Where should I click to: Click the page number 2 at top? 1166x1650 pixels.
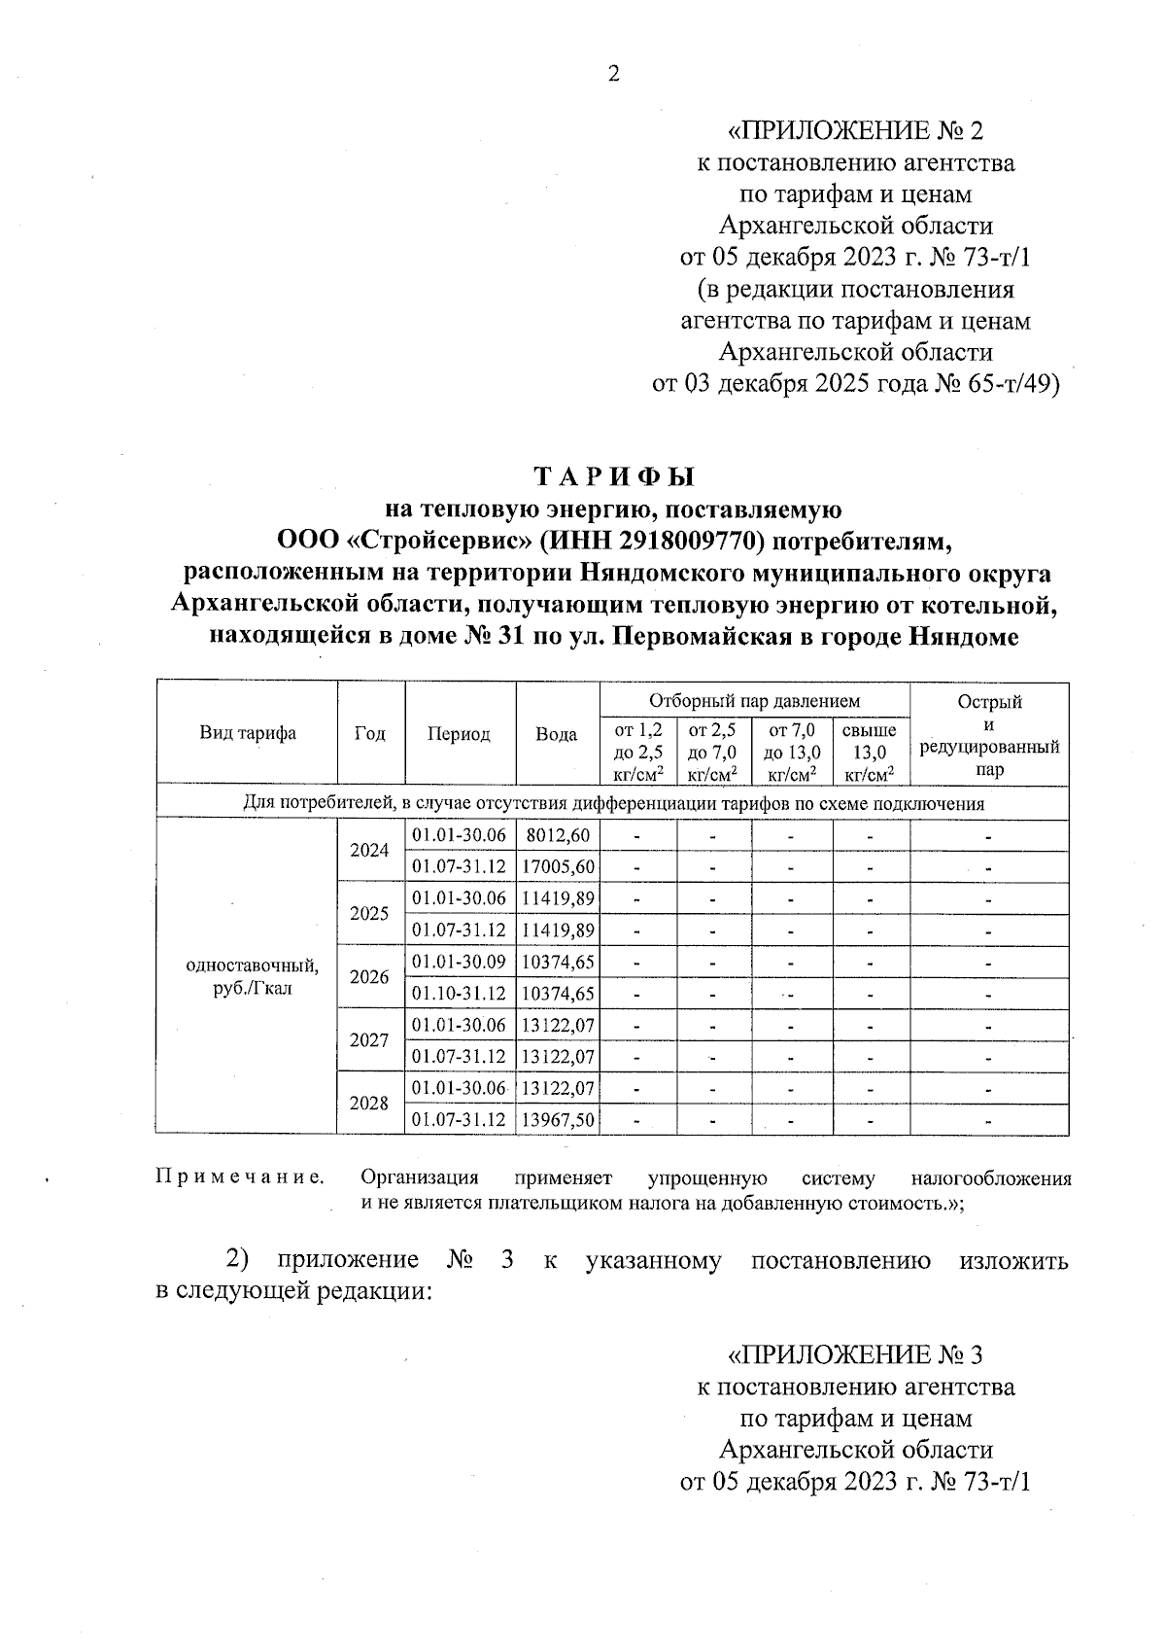(613, 74)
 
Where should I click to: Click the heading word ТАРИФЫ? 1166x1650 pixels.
(615, 477)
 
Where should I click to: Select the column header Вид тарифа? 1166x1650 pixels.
(248, 734)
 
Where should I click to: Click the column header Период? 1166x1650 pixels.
(459, 734)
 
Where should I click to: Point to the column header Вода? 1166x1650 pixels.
(557, 734)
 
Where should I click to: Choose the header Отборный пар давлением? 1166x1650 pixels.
(754, 700)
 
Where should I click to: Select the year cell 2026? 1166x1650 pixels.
(369, 977)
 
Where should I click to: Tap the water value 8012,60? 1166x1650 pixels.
(557, 835)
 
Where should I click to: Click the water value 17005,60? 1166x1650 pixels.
(558, 866)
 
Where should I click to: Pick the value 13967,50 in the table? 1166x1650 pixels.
(558, 1120)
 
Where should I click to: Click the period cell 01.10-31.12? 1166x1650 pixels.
(459, 994)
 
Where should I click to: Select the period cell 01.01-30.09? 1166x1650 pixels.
(459, 962)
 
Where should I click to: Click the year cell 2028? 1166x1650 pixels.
(369, 1104)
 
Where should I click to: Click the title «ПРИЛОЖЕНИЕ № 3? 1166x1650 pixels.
(856, 1354)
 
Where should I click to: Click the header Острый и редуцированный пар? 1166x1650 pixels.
(988, 734)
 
